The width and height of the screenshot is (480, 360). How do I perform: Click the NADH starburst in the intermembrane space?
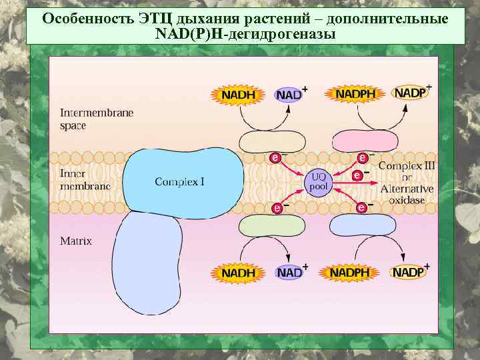click(238, 95)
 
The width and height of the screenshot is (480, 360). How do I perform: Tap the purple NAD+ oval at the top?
click(289, 94)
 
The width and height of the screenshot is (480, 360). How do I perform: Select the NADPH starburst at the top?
click(355, 94)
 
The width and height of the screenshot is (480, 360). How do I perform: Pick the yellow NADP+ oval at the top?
click(410, 93)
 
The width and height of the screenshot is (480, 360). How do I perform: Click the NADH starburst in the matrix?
click(238, 273)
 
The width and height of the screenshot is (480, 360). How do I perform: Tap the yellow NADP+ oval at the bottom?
click(408, 272)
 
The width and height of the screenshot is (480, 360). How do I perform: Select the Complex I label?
click(179, 181)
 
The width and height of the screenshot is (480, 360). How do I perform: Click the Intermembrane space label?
click(97, 119)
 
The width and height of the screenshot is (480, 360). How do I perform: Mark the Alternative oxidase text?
click(407, 194)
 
